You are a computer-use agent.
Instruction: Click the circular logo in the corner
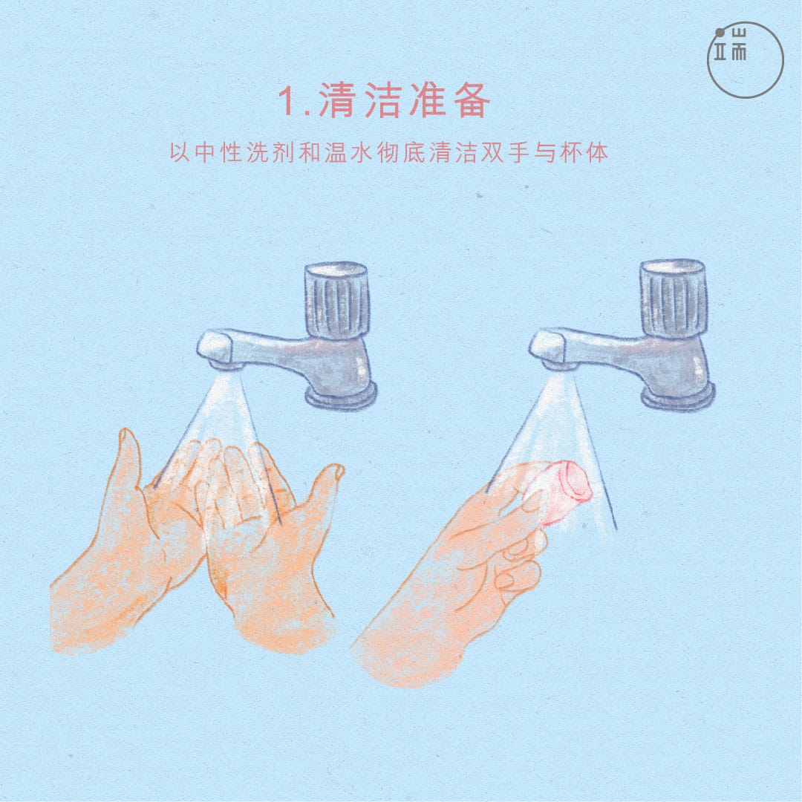[746, 60]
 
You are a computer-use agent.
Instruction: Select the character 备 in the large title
[472, 100]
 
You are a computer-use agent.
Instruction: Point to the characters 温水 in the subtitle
[349, 152]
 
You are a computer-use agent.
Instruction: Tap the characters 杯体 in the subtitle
[583, 152]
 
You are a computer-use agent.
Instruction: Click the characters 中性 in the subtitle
[218, 152]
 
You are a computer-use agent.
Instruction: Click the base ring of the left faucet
[341, 396]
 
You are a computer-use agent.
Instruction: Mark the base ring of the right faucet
[678, 395]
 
